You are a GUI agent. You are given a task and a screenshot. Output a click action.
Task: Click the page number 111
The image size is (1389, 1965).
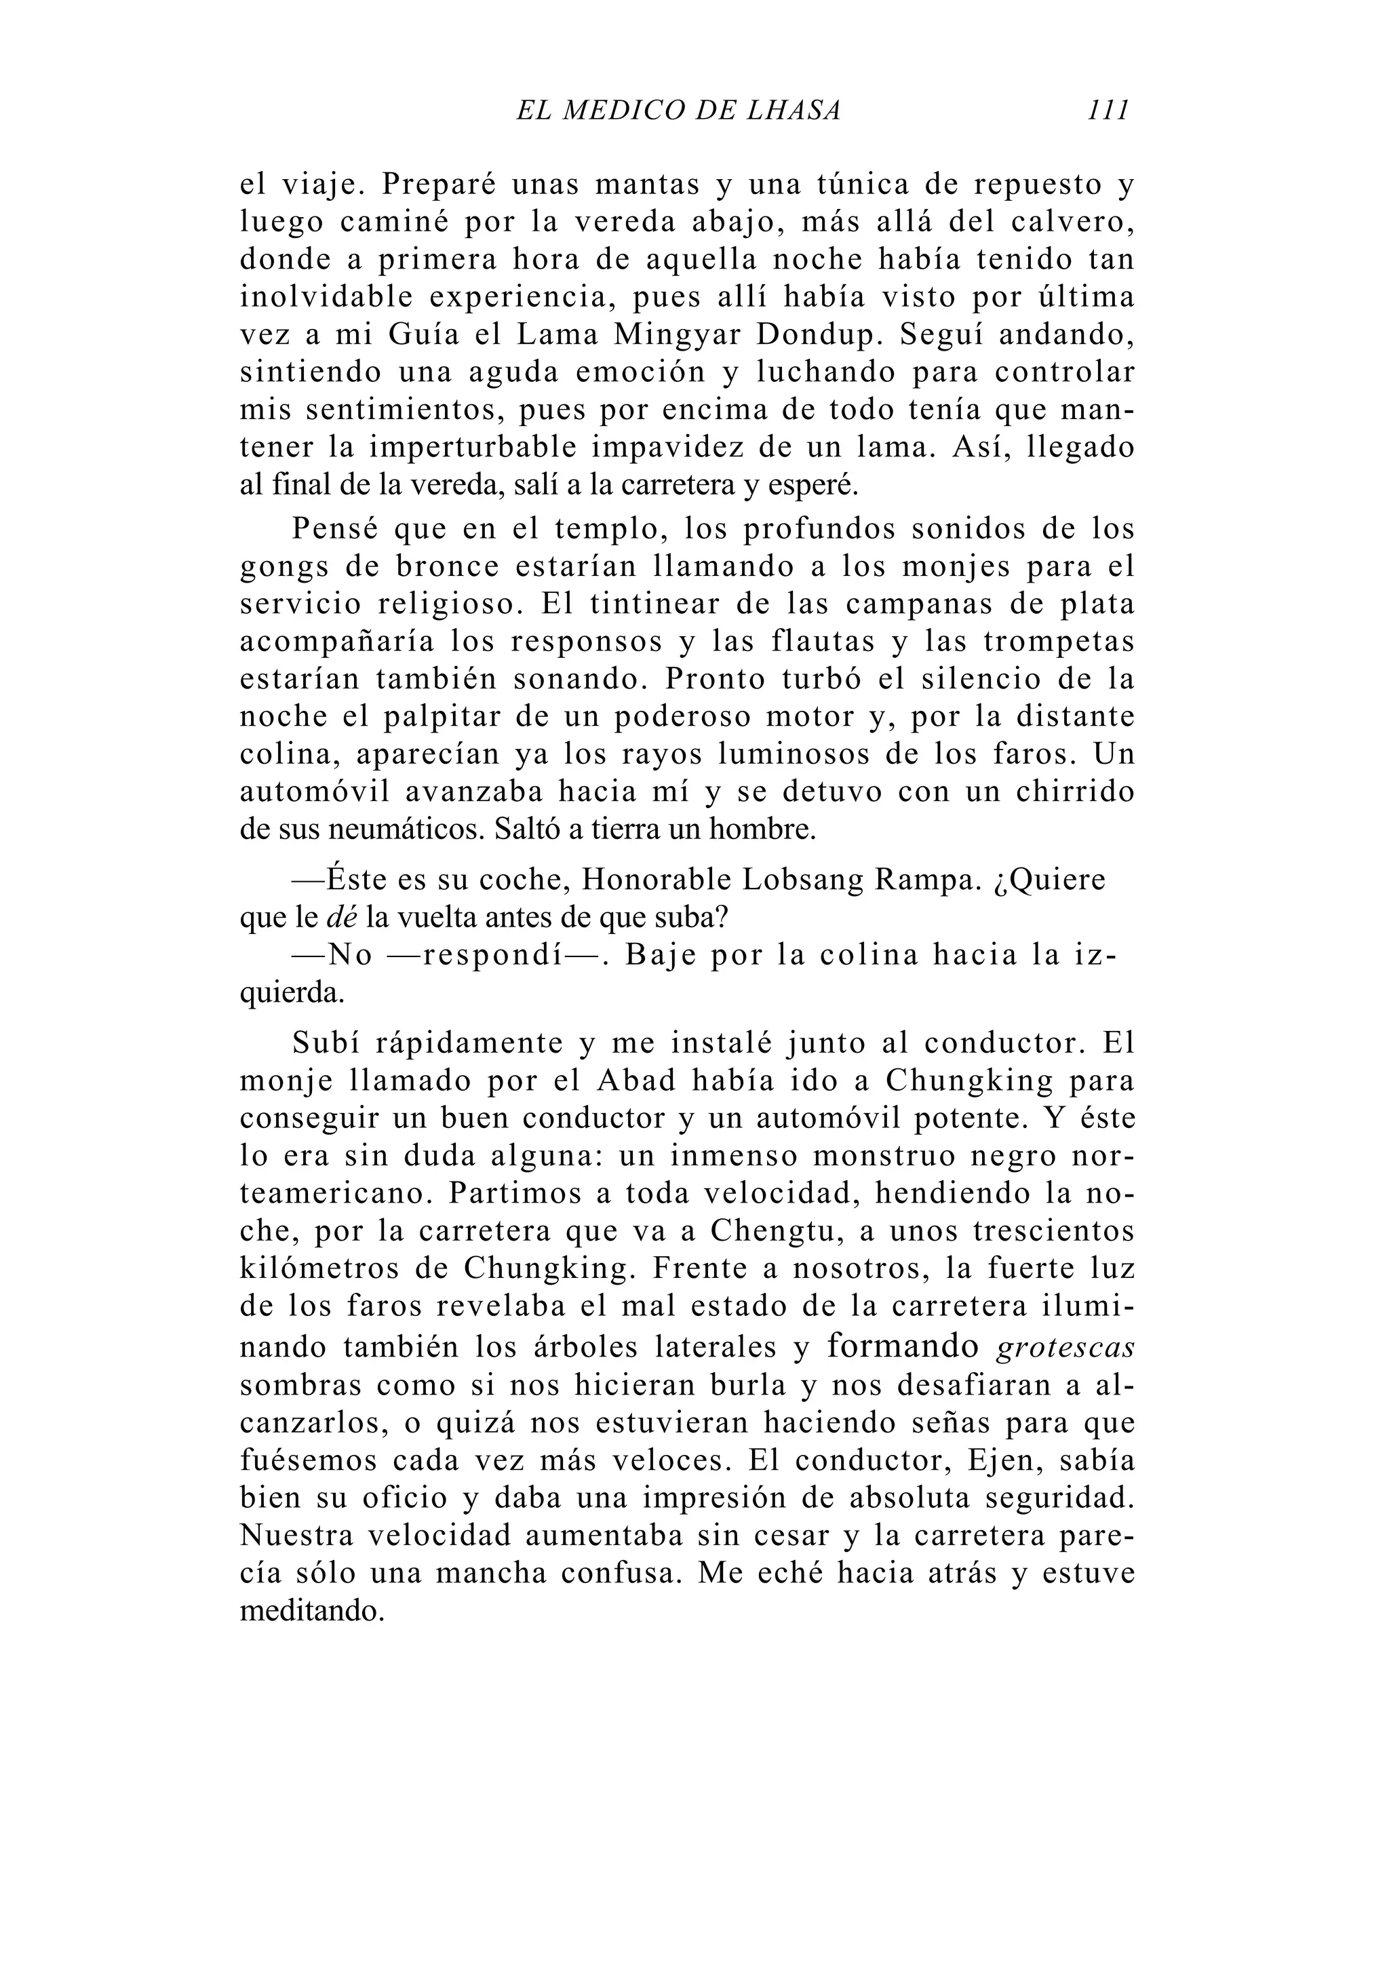1108,111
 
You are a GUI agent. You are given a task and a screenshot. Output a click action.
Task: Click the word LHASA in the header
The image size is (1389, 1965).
794,111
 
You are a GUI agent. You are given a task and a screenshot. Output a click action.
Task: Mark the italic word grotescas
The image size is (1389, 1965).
1065,1348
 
